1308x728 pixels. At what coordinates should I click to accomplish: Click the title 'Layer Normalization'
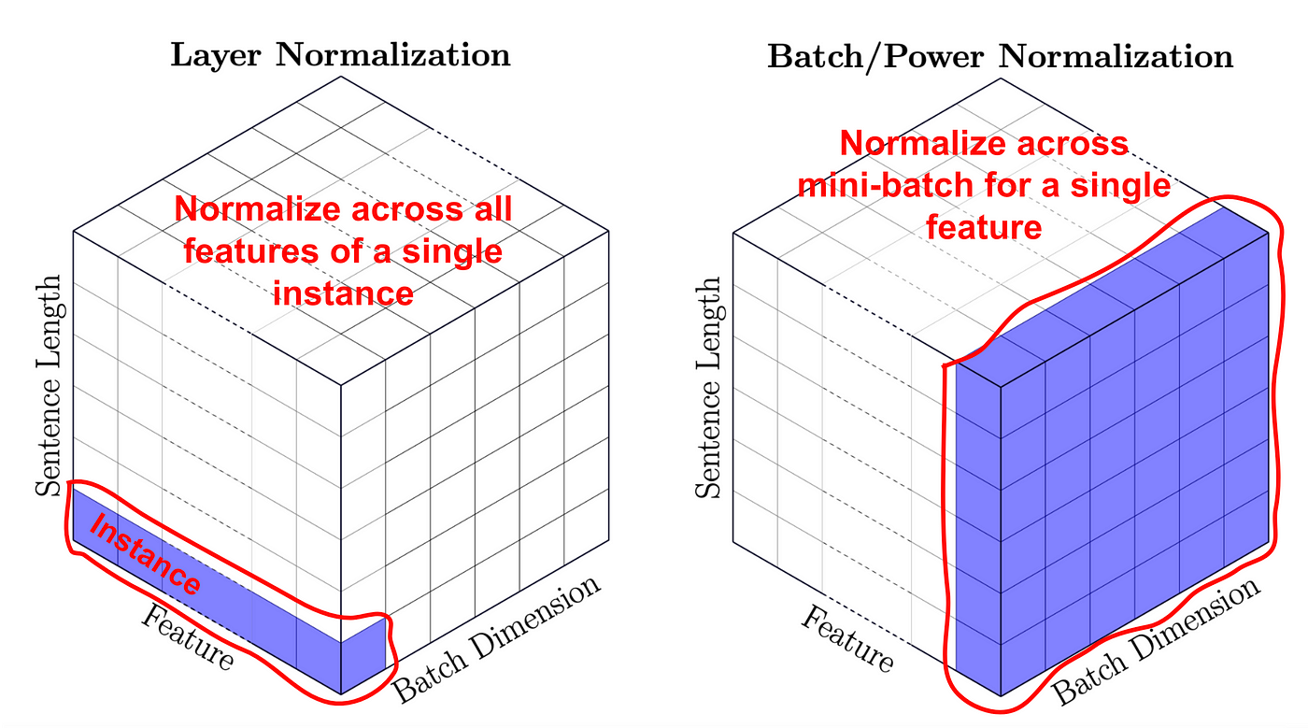click(x=340, y=54)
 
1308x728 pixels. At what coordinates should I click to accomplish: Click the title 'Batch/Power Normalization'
click(x=1000, y=56)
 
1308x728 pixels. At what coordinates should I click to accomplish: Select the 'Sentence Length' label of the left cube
click(x=49, y=385)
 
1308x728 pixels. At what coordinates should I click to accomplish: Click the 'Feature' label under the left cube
click(x=187, y=636)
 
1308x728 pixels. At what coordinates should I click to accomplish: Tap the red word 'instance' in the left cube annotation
click(x=343, y=293)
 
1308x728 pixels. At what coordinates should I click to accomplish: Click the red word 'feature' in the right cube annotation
click(x=983, y=227)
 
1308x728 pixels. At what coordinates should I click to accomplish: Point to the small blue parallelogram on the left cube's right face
click(x=363, y=660)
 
